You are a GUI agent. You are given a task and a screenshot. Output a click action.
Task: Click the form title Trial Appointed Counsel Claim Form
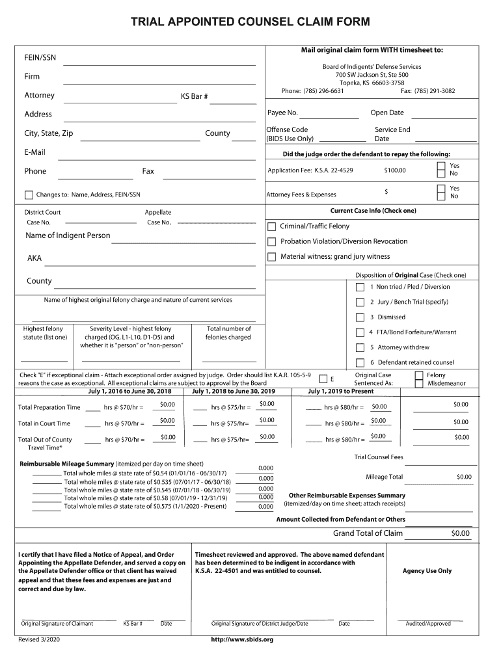tap(251, 22)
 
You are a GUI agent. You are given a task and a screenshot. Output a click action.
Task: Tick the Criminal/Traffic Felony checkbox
tap(272, 226)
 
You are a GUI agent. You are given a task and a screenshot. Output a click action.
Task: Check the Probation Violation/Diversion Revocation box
tap(272, 241)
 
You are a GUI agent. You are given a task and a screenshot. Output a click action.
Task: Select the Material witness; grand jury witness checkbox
tap(272, 257)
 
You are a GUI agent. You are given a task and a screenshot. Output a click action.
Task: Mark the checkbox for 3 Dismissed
tap(360, 317)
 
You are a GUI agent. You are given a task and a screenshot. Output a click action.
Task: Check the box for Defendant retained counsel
tap(360, 363)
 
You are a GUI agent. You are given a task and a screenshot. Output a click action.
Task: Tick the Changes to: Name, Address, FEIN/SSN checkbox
tap(29, 194)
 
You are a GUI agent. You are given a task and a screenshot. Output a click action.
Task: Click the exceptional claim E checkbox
tap(323, 379)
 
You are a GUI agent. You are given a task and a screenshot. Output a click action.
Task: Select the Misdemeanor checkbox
tap(419, 383)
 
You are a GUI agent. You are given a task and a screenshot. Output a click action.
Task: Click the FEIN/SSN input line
tap(159, 60)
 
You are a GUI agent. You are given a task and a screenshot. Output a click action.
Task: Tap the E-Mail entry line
tap(159, 155)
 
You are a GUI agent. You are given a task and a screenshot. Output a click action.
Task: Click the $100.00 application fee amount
tap(395, 170)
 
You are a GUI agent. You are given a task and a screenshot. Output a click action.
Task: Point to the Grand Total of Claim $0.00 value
tap(460, 534)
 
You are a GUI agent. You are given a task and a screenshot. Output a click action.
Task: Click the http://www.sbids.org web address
tap(242, 639)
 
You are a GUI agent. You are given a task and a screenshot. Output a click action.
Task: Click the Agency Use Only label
tap(427, 571)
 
